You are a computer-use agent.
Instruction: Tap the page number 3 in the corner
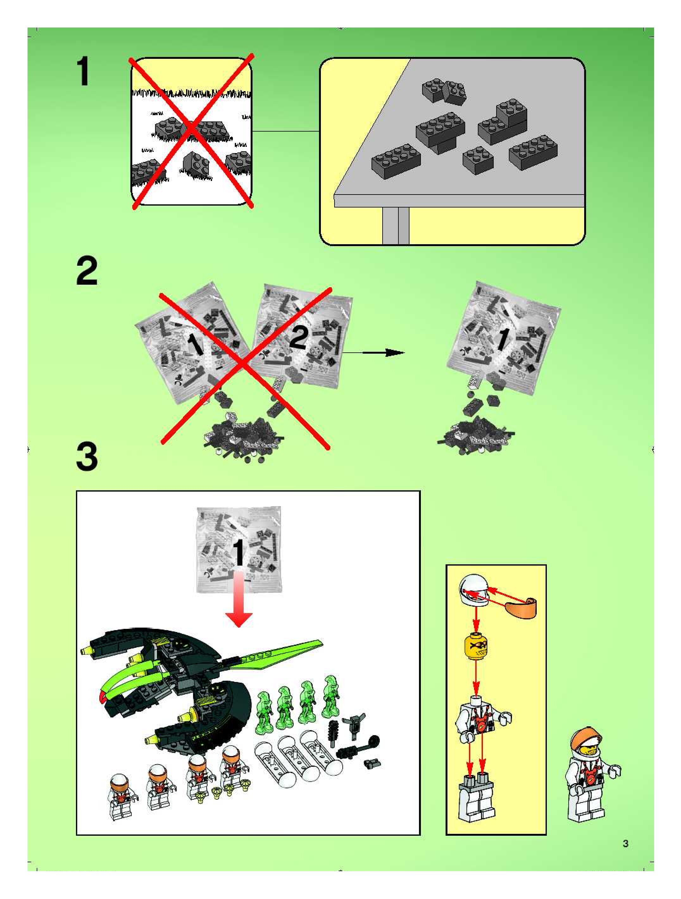click(x=625, y=843)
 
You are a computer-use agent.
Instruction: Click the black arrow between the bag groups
click(x=374, y=353)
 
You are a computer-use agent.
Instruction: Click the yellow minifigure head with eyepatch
click(x=475, y=646)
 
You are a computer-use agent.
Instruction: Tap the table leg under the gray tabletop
click(x=395, y=226)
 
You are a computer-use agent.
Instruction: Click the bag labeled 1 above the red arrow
click(x=239, y=549)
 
